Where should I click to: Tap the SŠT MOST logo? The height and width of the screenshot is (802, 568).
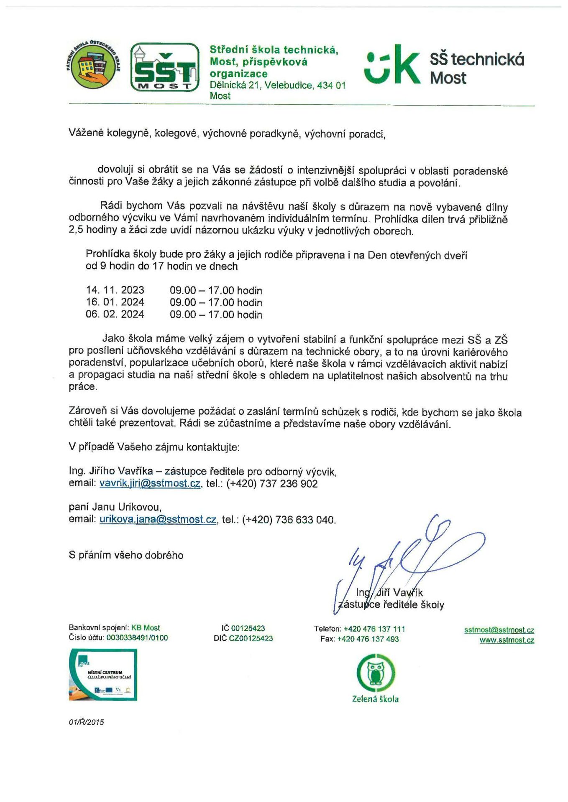pyautogui.click(x=165, y=67)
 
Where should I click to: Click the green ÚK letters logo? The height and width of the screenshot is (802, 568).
pyautogui.click(x=392, y=64)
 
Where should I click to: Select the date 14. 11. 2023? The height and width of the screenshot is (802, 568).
pyautogui.click(x=115, y=290)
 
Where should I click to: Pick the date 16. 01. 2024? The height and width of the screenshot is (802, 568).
pyautogui.click(x=115, y=302)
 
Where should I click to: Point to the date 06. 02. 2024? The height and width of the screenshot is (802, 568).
pyautogui.click(x=115, y=315)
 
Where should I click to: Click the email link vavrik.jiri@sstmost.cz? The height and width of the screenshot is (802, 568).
pyautogui.click(x=150, y=484)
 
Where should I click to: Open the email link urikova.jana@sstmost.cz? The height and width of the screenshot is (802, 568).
pyautogui.click(x=158, y=520)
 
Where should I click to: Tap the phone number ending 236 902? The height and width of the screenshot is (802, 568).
pyautogui.click(x=272, y=484)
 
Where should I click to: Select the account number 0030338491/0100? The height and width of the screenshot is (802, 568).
pyautogui.click(x=137, y=638)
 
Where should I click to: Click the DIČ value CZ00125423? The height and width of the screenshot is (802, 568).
pyautogui.click(x=251, y=638)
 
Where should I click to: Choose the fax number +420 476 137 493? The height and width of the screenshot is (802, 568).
pyautogui.click(x=368, y=639)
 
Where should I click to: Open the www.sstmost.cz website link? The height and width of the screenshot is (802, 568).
pyautogui.click(x=507, y=640)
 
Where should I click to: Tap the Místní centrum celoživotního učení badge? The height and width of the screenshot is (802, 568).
pyautogui.click(x=103, y=675)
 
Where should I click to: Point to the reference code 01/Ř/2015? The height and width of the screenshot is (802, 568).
pyautogui.click(x=87, y=722)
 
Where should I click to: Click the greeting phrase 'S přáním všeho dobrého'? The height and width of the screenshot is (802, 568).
pyautogui.click(x=126, y=555)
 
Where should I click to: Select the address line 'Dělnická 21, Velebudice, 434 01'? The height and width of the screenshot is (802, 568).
pyautogui.click(x=278, y=86)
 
